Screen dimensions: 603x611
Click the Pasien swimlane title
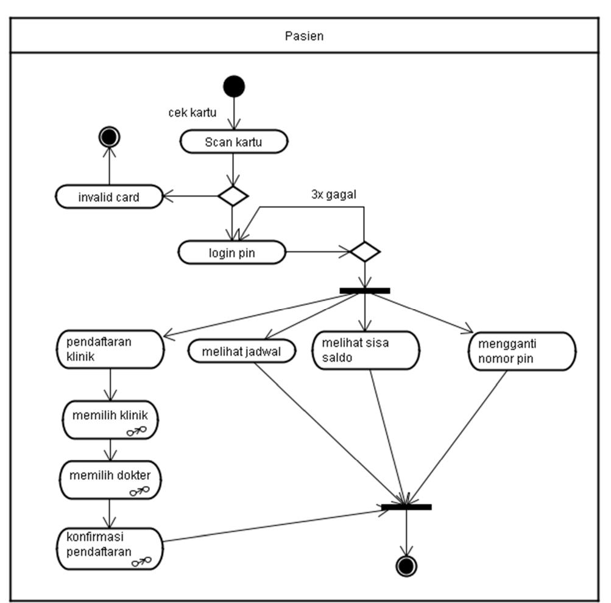(x=304, y=36)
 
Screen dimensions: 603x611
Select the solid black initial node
(x=234, y=86)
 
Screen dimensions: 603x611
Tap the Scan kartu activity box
(x=234, y=142)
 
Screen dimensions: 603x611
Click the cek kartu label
(x=192, y=113)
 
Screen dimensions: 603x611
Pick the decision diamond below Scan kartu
(x=233, y=196)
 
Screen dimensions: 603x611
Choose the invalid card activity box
(x=109, y=197)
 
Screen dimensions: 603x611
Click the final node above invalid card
(x=109, y=138)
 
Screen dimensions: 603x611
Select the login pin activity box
(x=232, y=252)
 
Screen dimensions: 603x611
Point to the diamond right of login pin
(x=364, y=251)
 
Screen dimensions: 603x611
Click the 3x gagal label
(x=333, y=195)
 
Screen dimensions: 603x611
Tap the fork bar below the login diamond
(x=364, y=291)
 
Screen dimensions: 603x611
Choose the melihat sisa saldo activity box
(x=367, y=350)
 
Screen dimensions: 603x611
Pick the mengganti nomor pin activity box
(x=522, y=351)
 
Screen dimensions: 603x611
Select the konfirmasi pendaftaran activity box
(x=110, y=548)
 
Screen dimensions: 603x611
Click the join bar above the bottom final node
(x=406, y=507)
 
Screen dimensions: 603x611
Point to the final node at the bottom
(x=406, y=565)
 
